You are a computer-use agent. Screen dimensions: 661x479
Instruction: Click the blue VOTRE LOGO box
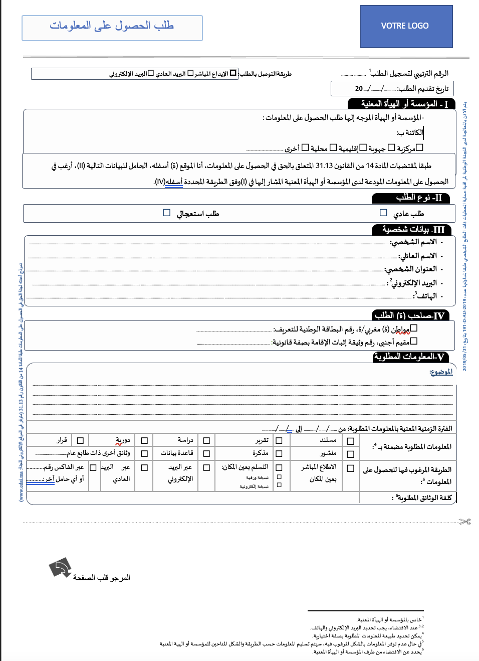pyautogui.click(x=406, y=26)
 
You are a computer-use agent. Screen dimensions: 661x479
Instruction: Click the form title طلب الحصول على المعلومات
pyautogui.click(x=112, y=26)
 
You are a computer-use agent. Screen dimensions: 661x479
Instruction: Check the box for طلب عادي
pyautogui.click(x=383, y=213)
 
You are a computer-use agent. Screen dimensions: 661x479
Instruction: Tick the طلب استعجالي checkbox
pyautogui.click(x=167, y=213)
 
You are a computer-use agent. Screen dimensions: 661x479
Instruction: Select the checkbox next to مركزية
pyautogui.click(x=420, y=147)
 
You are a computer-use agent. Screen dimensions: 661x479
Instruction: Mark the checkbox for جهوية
pyautogui.click(x=391, y=147)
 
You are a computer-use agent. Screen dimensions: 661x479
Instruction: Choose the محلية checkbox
pyautogui.click(x=333, y=147)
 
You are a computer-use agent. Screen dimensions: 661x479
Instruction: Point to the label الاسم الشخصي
pyautogui.click(x=413, y=242)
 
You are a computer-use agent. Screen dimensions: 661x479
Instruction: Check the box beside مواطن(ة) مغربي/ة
pyautogui.click(x=413, y=328)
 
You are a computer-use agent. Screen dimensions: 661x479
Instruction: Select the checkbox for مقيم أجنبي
pyautogui.click(x=413, y=341)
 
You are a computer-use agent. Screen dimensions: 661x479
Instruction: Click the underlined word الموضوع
pyautogui.click(x=441, y=372)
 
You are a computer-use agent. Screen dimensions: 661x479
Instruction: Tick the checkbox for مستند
pyautogui.click(x=351, y=441)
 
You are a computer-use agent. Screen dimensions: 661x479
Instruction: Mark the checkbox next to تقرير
pyautogui.click(x=279, y=441)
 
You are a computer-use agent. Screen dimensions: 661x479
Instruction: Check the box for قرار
pyautogui.click(x=80, y=441)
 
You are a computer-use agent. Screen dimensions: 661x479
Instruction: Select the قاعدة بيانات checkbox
pyautogui.click(x=206, y=453)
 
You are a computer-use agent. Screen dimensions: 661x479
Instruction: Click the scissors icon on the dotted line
pyautogui.click(x=465, y=522)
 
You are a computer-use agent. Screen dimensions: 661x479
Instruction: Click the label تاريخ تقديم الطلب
pyautogui.click(x=423, y=89)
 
